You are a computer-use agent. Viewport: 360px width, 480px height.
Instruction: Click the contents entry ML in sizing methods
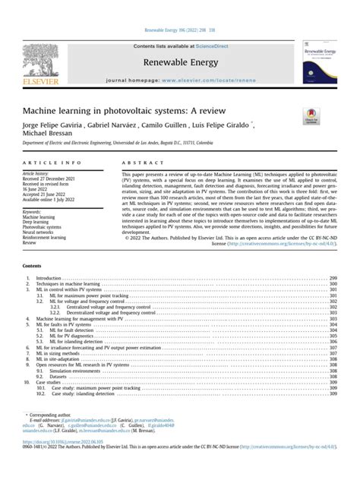[x=62, y=352]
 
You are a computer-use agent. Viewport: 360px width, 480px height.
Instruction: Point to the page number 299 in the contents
[x=333, y=279]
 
